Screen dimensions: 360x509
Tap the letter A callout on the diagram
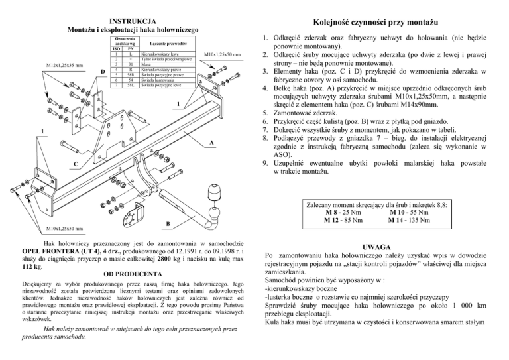[x=211, y=143]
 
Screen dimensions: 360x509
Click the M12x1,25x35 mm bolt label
[x=64, y=66]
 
